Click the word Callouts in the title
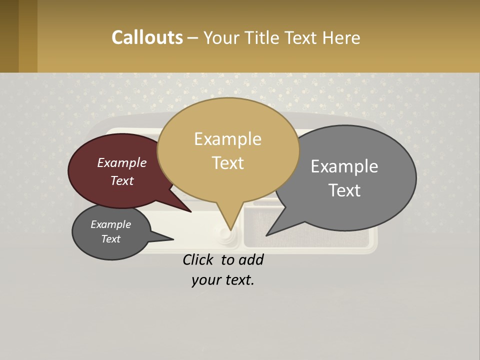[147, 37]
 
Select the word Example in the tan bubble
[227, 139]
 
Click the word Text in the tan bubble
[227, 163]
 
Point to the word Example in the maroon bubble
[121, 162]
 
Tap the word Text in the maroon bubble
[121, 180]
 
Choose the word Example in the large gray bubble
[344, 166]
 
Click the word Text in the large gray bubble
[344, 190]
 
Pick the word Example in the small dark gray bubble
[110, 224]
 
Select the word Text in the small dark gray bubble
[110, 239]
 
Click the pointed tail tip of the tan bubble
[231, 229]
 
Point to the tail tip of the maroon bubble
[191, 211]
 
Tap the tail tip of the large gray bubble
[266, 235]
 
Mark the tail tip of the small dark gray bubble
[173, 239]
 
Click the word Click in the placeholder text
[198, 260]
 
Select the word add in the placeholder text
[251, 260]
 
